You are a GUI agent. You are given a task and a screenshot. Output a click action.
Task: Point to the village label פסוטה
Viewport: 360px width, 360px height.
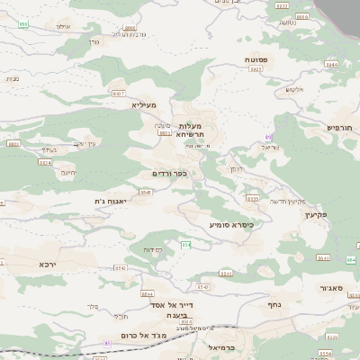(x=257, y=58)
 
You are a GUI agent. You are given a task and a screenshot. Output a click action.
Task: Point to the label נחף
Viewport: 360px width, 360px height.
(x=274, y=304)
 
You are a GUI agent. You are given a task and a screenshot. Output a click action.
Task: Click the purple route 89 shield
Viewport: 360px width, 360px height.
(x=267, y=136)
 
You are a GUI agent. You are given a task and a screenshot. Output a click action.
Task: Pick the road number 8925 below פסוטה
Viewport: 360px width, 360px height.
(x=256, y=69)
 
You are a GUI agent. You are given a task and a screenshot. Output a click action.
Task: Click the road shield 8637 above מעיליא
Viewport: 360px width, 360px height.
(x=118, y=93)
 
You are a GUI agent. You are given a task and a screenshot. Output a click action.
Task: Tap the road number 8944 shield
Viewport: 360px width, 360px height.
(x=330, y=65)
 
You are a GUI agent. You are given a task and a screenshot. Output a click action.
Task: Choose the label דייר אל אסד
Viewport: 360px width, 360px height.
(x=187, y=305)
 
